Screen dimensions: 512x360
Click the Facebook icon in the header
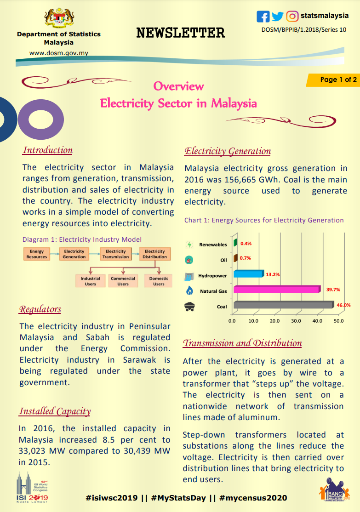[x=263, y=17]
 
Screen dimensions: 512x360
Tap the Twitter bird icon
[x=277, y=17]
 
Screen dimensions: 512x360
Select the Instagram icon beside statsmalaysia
[x=292, y=17]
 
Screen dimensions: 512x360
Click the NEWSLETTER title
[x=181, y=33]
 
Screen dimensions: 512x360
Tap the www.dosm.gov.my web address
[x=59, y=53]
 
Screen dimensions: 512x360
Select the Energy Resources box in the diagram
[x=37, y=254]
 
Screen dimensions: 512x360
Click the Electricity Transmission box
[x=115, y=254]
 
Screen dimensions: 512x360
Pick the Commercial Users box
[x=123, y=281]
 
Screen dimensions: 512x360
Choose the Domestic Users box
[x=159, y=281]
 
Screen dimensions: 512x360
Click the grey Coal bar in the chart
[x=283, y=305]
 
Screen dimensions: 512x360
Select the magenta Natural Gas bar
[x=276, y=290]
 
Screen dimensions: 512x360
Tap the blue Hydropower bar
[x=248, y=274]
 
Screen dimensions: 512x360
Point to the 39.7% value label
[x=333, y=290]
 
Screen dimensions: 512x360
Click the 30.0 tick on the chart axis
[x=296, y=321]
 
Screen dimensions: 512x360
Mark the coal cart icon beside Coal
[x=189, y=307]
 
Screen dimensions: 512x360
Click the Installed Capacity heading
[x=55, y=411]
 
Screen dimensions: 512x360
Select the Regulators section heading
[x=40, y=309]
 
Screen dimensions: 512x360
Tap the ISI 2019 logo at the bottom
[x=32, y=489]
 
